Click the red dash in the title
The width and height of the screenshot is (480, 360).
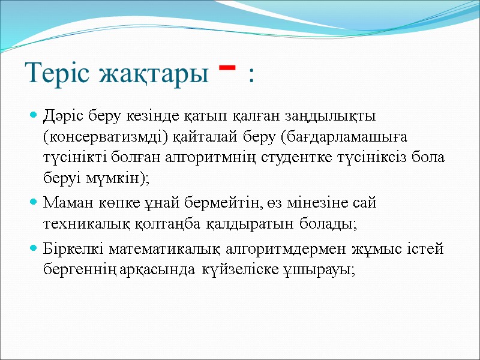click(226, 67)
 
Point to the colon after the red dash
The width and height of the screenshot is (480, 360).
click(250, 77)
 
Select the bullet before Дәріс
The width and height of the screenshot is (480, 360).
click(34, 114)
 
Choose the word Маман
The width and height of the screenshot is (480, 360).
click(65, 203)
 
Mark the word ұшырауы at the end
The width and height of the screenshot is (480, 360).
click(325, 270)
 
